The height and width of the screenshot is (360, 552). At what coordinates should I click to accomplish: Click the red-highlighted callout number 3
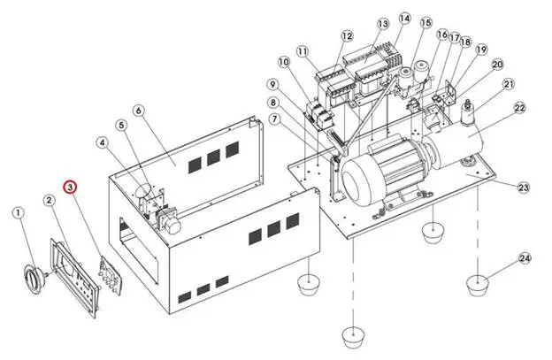point(70,188)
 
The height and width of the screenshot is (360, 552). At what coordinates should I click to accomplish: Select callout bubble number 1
point(19,213)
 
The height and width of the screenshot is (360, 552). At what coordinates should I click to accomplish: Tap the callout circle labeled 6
point(139,111)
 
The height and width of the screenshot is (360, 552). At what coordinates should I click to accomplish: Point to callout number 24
point(525,258)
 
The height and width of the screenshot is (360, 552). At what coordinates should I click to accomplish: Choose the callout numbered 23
point(524,187)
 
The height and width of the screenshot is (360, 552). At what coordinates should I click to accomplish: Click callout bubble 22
point(520,108)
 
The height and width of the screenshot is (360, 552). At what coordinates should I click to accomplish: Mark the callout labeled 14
point(405,19)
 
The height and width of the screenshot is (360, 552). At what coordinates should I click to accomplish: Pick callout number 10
point(284,62)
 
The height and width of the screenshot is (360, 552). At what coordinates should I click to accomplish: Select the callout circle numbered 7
point(275,119)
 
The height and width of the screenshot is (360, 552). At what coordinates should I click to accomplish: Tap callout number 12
point(347,36)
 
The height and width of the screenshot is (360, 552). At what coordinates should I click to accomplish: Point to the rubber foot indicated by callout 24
point(478,285)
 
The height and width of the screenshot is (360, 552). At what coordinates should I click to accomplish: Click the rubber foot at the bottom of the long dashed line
point(354,337)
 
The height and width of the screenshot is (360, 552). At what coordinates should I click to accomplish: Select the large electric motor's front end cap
point(357,182)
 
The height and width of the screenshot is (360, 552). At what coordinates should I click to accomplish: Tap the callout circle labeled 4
point(103,142)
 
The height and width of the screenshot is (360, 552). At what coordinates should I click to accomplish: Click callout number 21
point(509,84)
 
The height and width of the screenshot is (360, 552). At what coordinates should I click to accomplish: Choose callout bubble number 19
point(481,50)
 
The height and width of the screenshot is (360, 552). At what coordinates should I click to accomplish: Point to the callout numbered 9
point(272,85)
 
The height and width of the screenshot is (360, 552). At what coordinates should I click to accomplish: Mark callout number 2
point(50,201)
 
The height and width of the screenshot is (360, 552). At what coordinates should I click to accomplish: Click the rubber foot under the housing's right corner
point(309,283)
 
